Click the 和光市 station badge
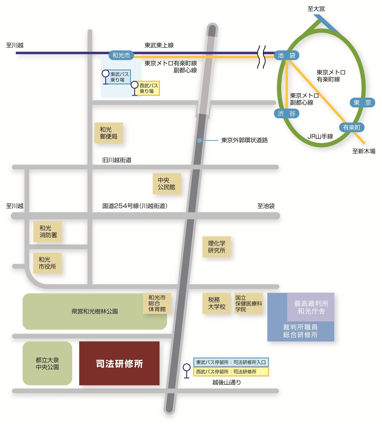[121, 55]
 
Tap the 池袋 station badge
[286, 55]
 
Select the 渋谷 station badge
[286, 113]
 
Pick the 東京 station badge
[362, 103]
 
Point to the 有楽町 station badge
[351, 127]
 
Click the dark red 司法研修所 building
[119, 363]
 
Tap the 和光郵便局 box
[109, 133]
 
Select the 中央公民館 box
[167, 183]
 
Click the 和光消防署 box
[48, 232]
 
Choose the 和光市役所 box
[47, 263]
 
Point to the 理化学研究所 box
[216, 247]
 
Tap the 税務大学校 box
[216, 303]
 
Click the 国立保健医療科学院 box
[249, 303]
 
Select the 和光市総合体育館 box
[157, 303]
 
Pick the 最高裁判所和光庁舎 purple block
[311, 307]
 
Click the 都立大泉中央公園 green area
[47, 363]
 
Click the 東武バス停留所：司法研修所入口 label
[231, 362]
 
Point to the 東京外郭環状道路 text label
[244, 140]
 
